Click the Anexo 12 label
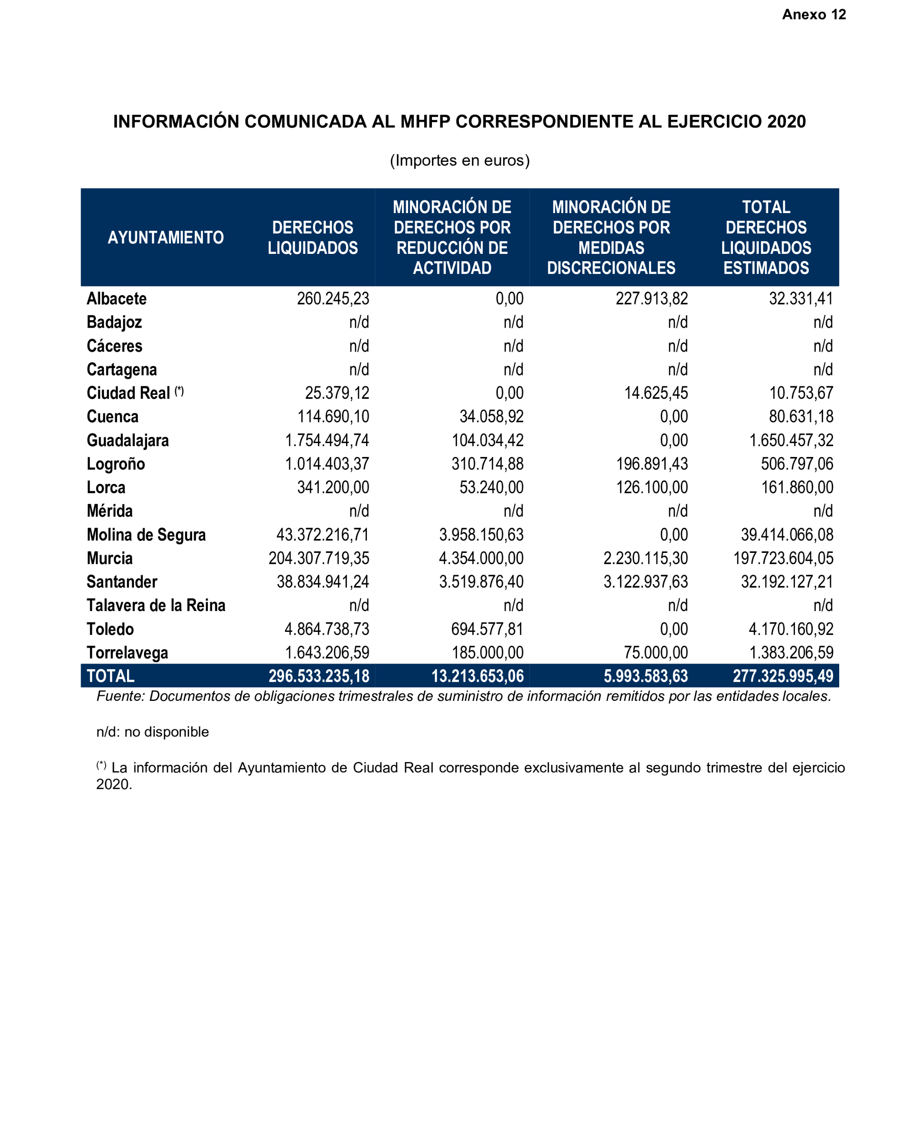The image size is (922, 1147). click(813, 14)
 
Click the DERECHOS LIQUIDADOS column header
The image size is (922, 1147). click(313, 237)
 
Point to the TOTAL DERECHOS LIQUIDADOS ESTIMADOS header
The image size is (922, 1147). click(766, 237)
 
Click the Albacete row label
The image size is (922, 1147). click(117, 299)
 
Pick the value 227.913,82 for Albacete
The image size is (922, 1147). click(651, 299)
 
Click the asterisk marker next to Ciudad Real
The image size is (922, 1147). click(179, 391)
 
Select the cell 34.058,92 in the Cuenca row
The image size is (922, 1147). click(491, 417)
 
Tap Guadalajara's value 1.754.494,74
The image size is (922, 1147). click(327, 440)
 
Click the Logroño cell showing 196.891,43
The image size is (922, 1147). click(651, 464)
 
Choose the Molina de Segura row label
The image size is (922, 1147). click(146, 535)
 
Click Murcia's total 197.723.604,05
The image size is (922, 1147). click(783, 558)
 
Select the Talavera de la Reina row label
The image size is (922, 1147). click(156, 605)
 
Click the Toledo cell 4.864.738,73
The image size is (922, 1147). click(327, 629)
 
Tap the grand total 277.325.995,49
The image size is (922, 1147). click(783, 676)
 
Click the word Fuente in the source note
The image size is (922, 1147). click(120, 697)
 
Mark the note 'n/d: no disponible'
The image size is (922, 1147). click(153, 732)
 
